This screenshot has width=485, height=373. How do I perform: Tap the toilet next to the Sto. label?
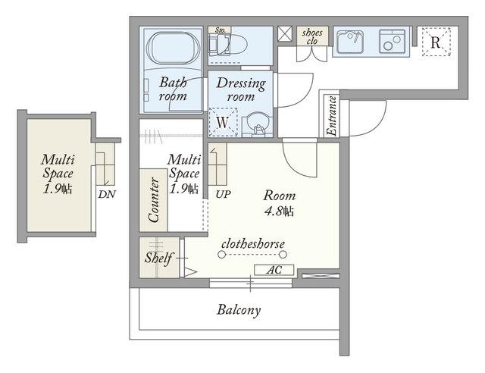pos(228,44)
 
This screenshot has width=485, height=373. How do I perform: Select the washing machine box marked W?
pos(223,122)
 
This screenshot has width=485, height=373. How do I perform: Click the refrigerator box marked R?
pos(436,42)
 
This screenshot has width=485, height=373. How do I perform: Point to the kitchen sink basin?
pos(350,42)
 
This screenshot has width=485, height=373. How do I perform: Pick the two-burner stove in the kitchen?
pos(392,42)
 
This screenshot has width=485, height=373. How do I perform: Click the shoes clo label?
pos(312,36)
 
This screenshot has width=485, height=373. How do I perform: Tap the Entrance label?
pos(332,116)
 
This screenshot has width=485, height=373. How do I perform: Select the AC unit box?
pos(274,270)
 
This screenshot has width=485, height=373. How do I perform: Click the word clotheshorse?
pos(253,244)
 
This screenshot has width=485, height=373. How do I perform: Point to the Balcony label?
pos(239,309)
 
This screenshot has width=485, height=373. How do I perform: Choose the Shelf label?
pos(159,258)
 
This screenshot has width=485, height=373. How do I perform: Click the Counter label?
pos(154,199)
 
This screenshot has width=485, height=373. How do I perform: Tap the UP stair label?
pos(223,194)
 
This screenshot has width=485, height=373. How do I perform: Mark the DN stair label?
pos(107,194)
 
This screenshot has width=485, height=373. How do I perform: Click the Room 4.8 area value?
pos(279,212)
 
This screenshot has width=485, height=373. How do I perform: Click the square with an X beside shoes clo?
pos(285,33)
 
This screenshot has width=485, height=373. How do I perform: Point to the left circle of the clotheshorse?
pos(221,255)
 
